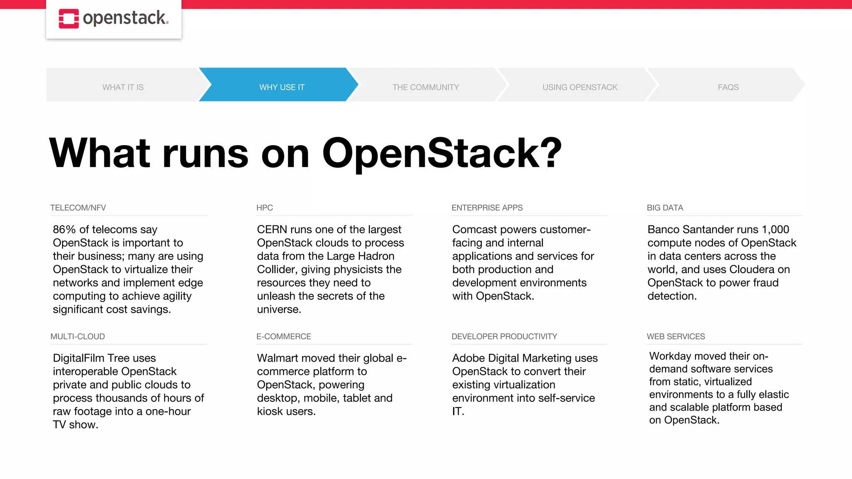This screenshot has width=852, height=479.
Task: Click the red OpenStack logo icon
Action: click(69, 19)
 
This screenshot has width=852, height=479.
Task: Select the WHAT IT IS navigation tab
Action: click(123, 87)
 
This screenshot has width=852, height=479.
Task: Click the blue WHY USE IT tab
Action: click(282, 87)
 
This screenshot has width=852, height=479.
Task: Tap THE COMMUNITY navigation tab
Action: click(426, 87)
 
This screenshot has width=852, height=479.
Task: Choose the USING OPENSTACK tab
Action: click(580, 87)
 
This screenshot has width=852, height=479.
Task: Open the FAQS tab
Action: click(728, 87)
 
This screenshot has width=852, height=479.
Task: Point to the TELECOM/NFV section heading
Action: click(78, 208)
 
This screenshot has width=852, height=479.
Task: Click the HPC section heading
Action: click(265, 208)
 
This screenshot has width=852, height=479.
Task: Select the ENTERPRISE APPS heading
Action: click(487, 208)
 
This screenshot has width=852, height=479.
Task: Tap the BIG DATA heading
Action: click(665, 208)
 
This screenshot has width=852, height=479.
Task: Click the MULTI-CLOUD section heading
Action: click(78, 337)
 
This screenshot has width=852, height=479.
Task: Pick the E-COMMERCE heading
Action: click(284, 337)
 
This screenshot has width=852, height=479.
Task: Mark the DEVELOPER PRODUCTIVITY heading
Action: click(504, 337)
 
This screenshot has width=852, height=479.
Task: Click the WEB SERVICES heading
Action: click(676, 337)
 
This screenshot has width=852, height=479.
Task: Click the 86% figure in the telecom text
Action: click(64, 230)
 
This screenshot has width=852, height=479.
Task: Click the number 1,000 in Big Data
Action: click(775, 230)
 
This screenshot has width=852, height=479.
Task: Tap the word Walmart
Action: click(278, 358)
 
